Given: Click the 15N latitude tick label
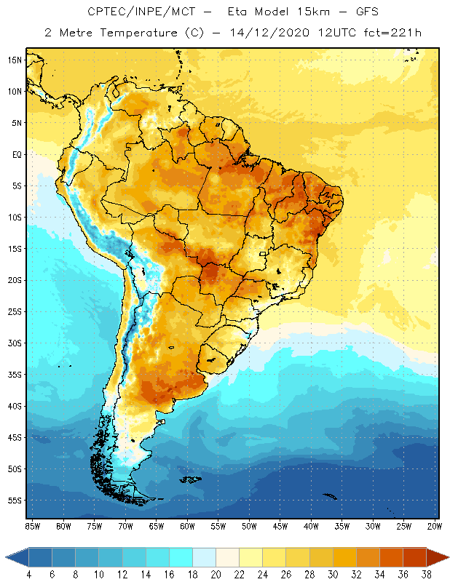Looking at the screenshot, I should [x=15, y=60].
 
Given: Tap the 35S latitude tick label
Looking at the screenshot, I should [x=15, y=375].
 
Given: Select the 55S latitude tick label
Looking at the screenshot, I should [x=15, y=501].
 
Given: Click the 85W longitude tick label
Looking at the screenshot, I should [x=32, y=526].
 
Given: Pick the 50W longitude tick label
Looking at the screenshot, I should [x=249, y=526].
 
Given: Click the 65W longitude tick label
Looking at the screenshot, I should [x=156, y=526].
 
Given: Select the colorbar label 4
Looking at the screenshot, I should [x=29, y=574].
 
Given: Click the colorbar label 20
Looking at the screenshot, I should [x=216, y=574].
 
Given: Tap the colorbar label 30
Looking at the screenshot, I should [x=332, y=574].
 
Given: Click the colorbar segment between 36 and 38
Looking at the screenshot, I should [x=414, y=557].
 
